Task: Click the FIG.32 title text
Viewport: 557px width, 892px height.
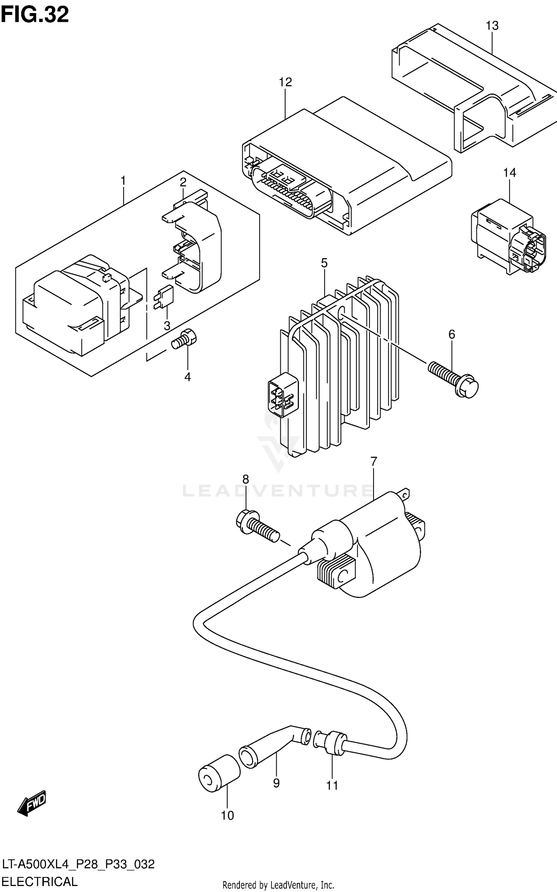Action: tap(35, 15)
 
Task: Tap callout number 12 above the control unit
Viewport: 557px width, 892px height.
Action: tap(285, 82)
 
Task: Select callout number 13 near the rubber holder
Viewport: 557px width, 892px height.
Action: tap(492, 26)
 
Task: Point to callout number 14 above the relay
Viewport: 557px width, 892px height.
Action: tap(509, 173)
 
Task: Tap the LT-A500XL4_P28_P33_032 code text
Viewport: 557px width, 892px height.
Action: tap(78, 865)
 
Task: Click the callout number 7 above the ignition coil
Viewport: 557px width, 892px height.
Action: tap(374, 462)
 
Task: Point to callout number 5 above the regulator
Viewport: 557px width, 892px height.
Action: tap(324, 263)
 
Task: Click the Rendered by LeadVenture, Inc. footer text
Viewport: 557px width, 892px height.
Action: tap(278, 885)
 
